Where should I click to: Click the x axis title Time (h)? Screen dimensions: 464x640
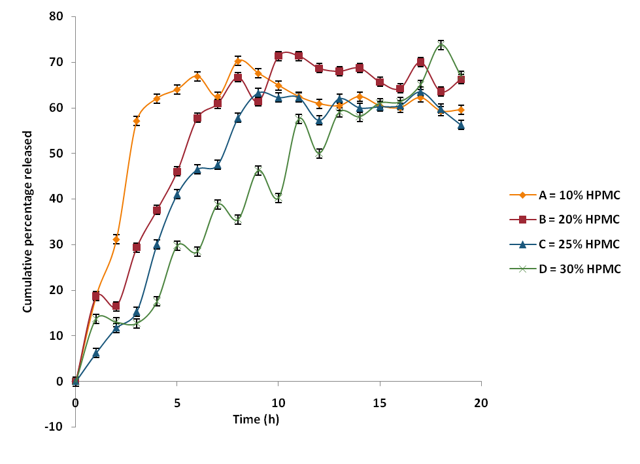(256, 419)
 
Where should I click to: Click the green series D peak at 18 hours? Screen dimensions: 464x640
(441, 45)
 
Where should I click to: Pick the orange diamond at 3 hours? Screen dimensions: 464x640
(137, 121)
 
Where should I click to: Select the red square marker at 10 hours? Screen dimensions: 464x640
(278, 56)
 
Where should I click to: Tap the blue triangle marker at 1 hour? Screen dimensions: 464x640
(96, 353)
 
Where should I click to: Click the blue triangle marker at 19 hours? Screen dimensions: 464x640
(461, 125)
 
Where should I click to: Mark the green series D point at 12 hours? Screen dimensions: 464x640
(319, 154)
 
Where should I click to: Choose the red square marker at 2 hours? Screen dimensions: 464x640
(116, 306)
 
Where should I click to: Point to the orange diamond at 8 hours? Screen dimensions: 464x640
(238, 61)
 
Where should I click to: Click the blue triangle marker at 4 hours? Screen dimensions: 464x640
(157, 244)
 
